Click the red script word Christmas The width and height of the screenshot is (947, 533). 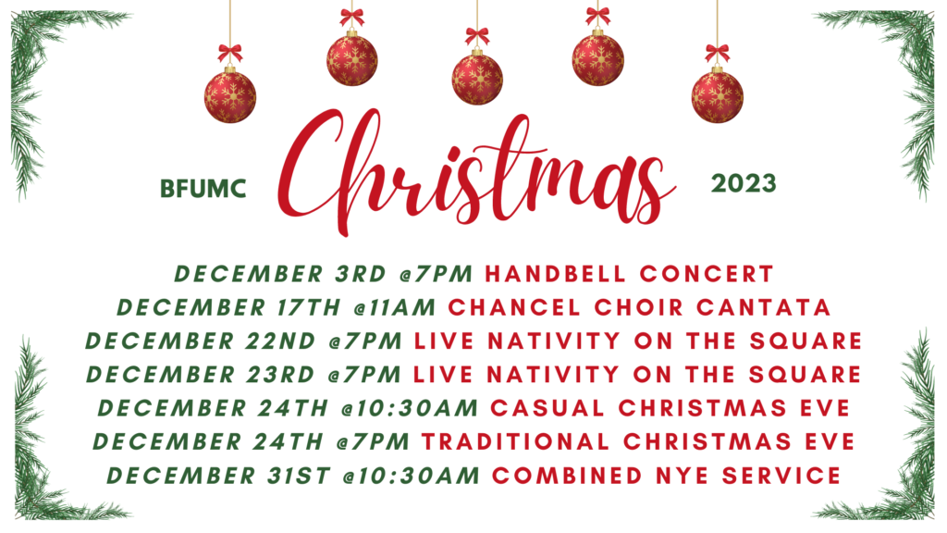tap(477, 172)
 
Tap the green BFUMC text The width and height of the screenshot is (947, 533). tap(203, 189)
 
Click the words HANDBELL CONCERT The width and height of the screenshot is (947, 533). tap(629, 274)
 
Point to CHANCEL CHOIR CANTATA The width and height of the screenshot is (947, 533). tap(639, 307)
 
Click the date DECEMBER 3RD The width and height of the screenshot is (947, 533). tap(280, 274)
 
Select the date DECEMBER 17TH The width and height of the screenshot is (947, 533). tap(229, 307)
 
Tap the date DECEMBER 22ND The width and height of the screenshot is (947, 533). tap(201, 341)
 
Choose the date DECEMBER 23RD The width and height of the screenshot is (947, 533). tap(201, 375)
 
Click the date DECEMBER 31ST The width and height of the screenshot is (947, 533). tap(218, 476)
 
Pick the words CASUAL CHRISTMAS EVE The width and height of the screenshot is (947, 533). tap(670, 408)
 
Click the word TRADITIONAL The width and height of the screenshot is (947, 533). tap(516, 442)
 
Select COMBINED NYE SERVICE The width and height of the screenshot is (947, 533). tap(666, 476)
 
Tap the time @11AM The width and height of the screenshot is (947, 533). tap(395, 307)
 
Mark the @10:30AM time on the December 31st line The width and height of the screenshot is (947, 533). tap(412, 476)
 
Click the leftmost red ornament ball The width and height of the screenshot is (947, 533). tap(230, 96)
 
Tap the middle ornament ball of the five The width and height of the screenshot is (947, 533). tap(477, 80)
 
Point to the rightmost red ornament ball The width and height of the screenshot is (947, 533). tap(718, 96)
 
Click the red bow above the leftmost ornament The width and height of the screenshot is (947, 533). tap(230, 53)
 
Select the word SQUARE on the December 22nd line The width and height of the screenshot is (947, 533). tap(806, 341)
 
